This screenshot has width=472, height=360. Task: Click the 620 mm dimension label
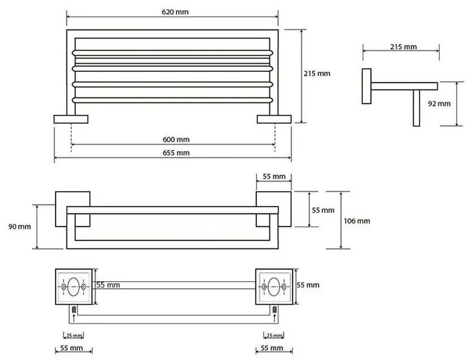[175, 12]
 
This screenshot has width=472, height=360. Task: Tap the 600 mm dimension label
[176, 140]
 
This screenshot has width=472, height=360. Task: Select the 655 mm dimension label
[176, 153]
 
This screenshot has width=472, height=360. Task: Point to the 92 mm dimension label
[439, 104]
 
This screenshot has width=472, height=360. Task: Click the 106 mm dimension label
[357, 221]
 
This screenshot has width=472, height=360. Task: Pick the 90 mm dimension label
[20, 226]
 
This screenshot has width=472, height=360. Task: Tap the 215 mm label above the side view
[404, 47]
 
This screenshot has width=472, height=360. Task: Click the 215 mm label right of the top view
[317, 74]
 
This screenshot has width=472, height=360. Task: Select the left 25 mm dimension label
[74, 335]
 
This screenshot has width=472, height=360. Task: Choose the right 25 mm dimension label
[274, 335]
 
